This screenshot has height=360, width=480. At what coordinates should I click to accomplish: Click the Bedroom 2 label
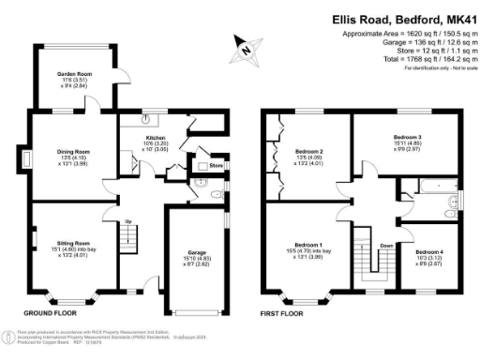tap(308, 151)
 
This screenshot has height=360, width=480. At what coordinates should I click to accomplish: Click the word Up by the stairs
tap(128, 221)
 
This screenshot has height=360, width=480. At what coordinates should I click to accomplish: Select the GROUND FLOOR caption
tap(49, 313)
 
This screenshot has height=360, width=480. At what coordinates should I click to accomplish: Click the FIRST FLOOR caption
tap(285, 313)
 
